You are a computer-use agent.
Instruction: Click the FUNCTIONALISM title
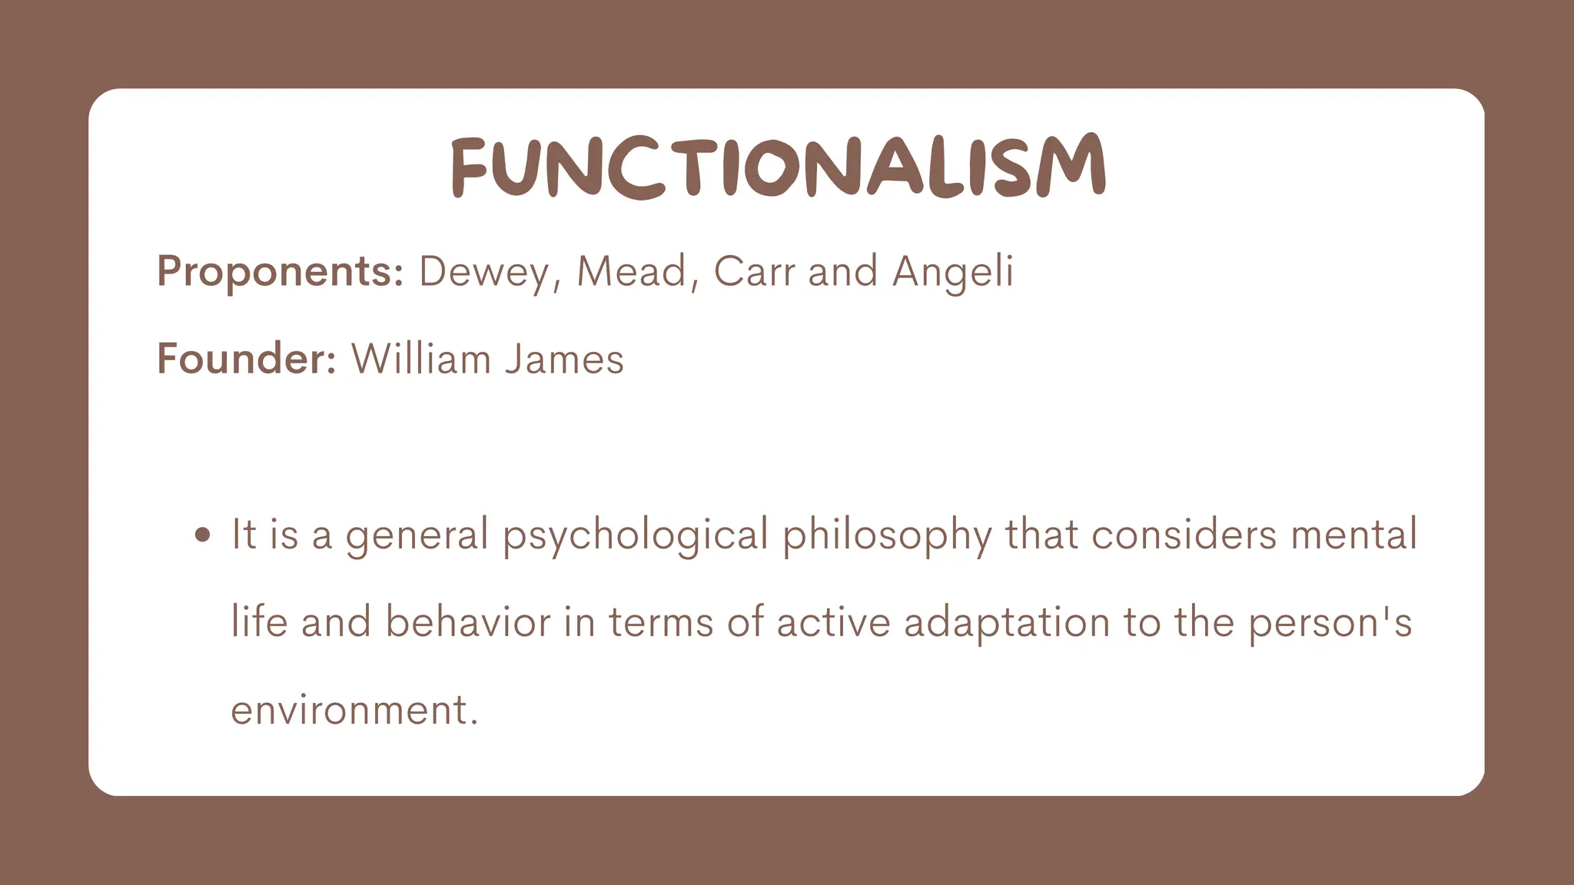(778, 167)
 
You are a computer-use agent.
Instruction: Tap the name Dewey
(484, 272)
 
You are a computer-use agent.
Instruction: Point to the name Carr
(753, 272)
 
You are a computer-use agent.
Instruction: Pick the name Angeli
(952, 272)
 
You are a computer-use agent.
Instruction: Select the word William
(420, 359)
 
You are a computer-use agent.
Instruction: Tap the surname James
(564, 359)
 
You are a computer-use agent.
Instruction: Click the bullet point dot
(203, 535)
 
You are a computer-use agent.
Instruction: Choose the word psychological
(636, 535)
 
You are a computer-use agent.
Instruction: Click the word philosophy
(887, 535)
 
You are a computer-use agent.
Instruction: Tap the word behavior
(468, 621)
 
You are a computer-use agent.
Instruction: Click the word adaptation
(1006, 621)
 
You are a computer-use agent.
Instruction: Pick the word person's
(1330, 623)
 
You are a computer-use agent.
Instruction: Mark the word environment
(354, 709)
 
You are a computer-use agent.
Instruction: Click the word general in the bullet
(417, 535)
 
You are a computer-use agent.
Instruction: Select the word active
(833, 621)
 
